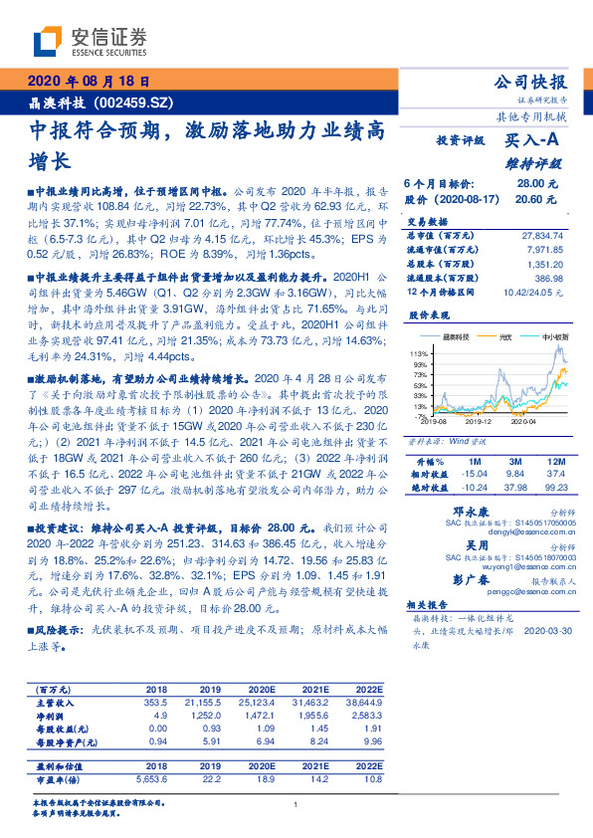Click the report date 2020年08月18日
pos(89,84)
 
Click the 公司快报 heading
pos(530,82)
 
